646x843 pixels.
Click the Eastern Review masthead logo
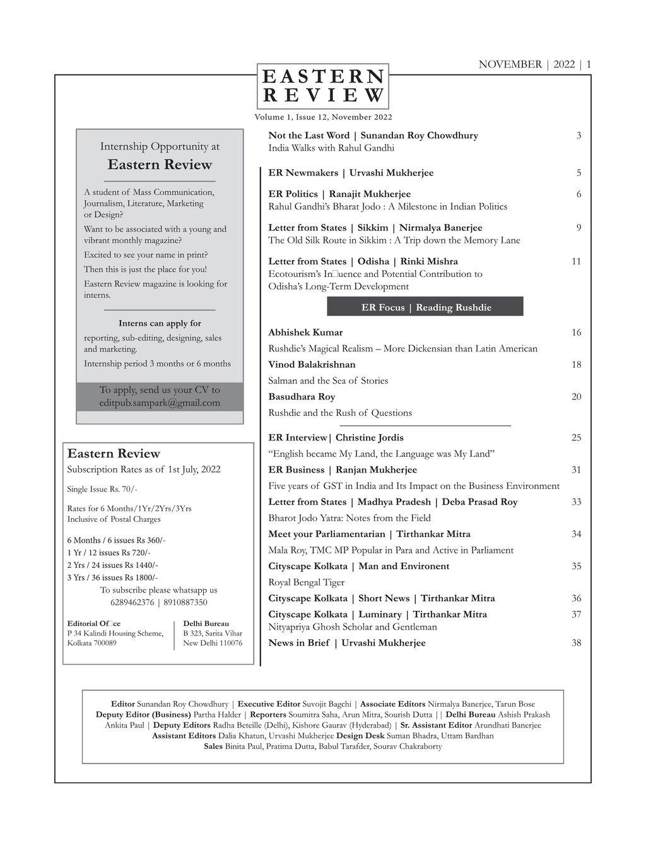tap(323, 86)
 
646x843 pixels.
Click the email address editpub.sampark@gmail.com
tap(160, 403)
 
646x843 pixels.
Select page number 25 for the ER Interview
tap(576, 438)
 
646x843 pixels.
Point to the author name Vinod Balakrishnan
tap(312, 365)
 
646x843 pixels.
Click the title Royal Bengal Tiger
tap(306, 582)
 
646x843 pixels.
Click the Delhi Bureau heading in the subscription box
tap(206, 623)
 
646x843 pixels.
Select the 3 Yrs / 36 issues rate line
tap(112, 577)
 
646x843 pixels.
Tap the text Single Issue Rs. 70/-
tap(102, 489)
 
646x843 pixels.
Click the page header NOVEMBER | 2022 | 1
tap(534, 64)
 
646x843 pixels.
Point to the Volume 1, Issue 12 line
tap(323, 117)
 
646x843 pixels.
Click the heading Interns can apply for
tap(160, 324)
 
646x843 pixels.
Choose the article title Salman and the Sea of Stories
tap(328, 380)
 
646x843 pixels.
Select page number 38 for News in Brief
tap(576, 643)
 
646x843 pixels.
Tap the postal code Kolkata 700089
tap(92, 644)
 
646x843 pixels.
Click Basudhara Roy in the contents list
tap(302, 397)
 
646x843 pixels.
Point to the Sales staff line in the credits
tap(322, 746)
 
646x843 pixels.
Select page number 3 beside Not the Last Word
tap(578, 136)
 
